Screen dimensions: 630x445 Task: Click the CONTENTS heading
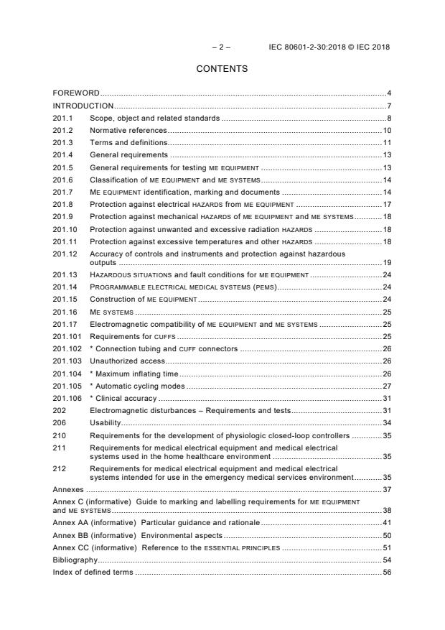coord(222,69)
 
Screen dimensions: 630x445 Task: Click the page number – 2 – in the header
coord(222,47)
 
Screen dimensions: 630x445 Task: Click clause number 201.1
coord(63,118)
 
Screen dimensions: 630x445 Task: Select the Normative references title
coord(128,130)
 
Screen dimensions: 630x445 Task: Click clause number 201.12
coord(65,254)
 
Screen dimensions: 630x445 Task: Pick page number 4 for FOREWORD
coord(388,93)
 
